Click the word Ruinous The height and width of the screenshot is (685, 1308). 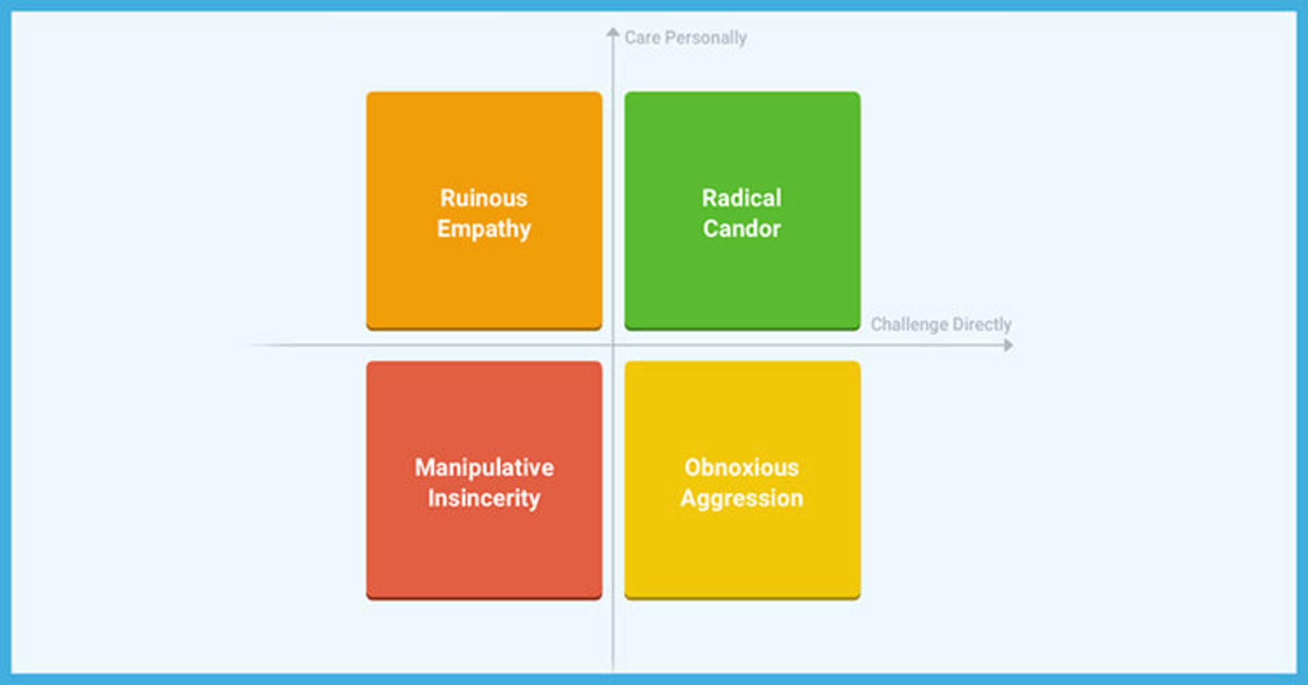[x=484, y=198]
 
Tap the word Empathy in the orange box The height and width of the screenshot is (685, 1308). [x=484, y=229]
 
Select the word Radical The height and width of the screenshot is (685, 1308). [x=742, y=198]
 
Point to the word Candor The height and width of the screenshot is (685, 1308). [x=742, y=229]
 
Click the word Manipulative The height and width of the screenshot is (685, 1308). [x=484, y=468]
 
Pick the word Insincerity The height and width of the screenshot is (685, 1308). [x=484, y=498]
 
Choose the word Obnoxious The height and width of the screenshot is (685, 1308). [x=741, y=468]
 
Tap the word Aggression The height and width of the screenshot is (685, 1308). [x=741, y=498]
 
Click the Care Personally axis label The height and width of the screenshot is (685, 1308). [x=685, y=37]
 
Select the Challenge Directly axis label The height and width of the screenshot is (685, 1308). [x=941, y=324]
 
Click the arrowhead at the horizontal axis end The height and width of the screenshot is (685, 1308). [x=1008, y=345]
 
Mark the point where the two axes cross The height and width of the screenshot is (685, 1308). [x=613, y=345]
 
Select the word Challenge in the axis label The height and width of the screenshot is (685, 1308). [x=909, y=324]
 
